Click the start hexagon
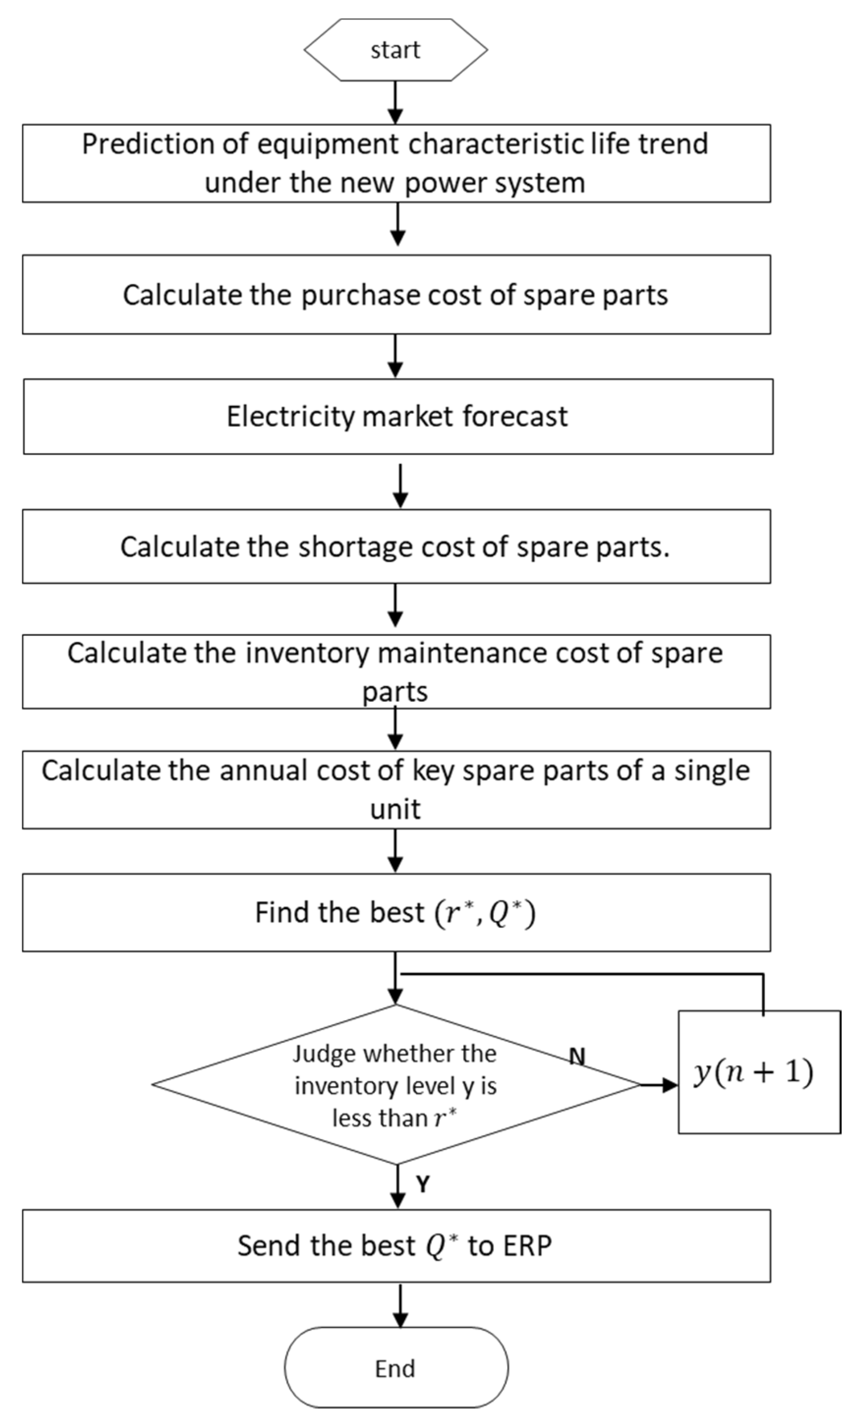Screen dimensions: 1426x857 click(396, 50)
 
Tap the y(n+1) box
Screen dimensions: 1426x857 click(758, 1072)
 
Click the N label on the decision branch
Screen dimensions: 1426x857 click(577, 1056)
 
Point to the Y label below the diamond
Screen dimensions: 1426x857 click(423, 1185)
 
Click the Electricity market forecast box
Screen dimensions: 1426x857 click(398, 416)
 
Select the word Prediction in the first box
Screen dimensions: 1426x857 click(148, 144)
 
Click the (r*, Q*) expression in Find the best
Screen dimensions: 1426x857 click(485, 913)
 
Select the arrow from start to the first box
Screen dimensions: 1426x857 click(396, 102)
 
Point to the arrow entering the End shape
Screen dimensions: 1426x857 click(400, 1305)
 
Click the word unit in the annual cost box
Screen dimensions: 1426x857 click(396, 809)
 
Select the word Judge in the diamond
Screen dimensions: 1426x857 click(324, 1054)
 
